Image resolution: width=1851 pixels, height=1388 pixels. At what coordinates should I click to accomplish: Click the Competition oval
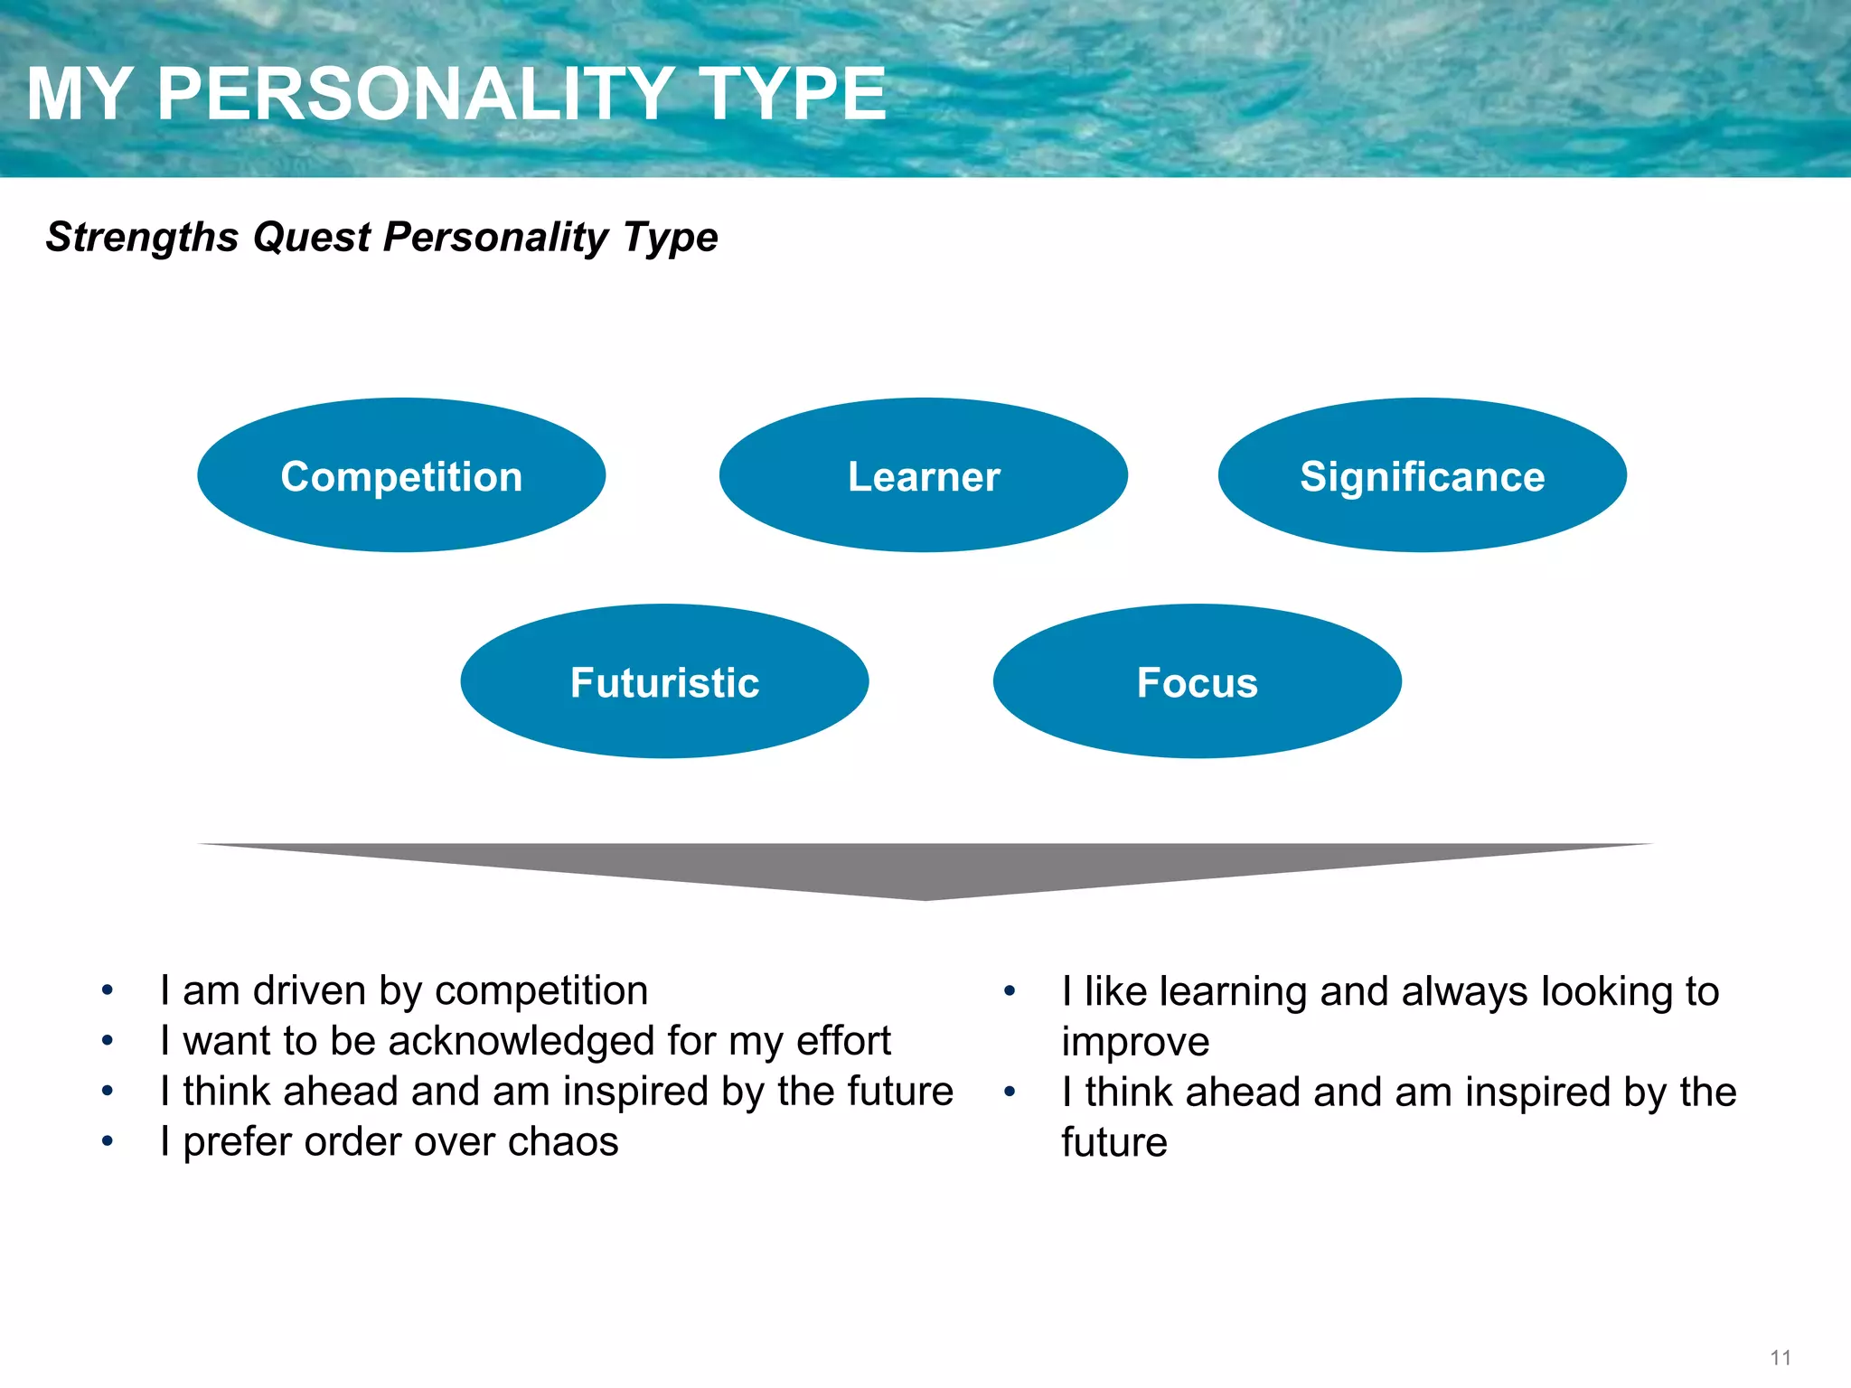(401, 475)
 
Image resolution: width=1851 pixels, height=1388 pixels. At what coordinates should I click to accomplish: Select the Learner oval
(924, 475)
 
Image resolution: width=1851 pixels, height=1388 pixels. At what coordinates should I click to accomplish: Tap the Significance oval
(1423, 475)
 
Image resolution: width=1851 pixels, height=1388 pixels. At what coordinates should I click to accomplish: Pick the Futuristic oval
(664, 681)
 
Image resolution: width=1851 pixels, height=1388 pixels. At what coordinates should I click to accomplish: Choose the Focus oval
(1198, 681)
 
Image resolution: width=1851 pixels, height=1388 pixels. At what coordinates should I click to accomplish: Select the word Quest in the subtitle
(312, 238)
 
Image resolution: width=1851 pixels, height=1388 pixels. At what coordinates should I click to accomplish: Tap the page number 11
(1781, 1357)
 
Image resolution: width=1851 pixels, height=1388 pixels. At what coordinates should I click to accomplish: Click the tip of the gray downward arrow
(925, 896)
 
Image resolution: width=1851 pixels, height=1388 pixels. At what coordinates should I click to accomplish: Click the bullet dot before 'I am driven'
(108, 991)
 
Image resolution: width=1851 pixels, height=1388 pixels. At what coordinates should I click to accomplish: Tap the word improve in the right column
(1135, 1043)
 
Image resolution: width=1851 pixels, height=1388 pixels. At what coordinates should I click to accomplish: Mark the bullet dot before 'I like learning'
(1010, 992)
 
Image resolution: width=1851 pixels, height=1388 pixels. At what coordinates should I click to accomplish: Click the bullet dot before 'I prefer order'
(108, 1142)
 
